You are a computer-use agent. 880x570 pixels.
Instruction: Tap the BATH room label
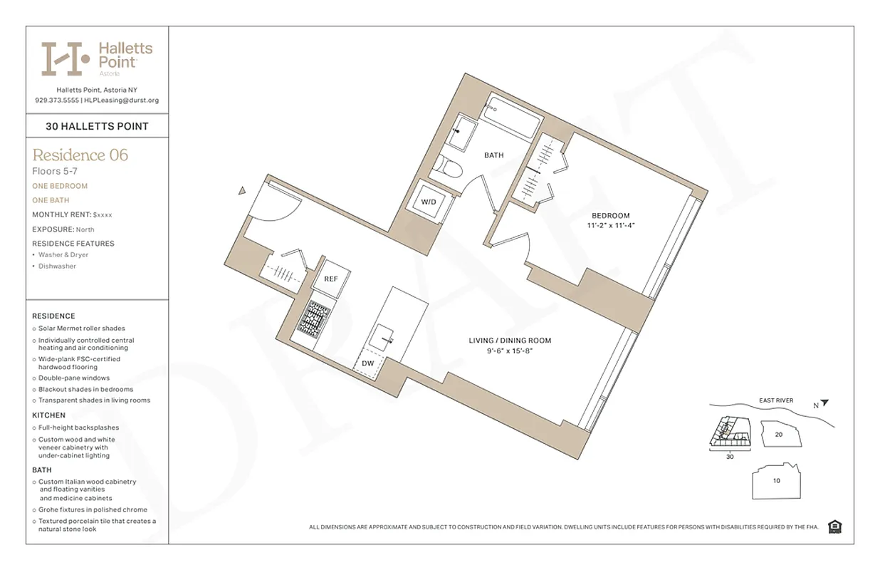(x=493, y=155)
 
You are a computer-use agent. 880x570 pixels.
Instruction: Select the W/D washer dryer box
(x=429, y=202)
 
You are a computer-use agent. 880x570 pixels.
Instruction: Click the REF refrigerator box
(x=331, y=279)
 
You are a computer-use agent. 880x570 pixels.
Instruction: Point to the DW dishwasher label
(x=367, y=363)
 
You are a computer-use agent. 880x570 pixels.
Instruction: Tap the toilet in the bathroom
(x=451, y=168)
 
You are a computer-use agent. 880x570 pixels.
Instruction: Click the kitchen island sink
(x=384, y=334)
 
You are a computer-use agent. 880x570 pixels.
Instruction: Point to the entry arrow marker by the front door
(x=242, y=190)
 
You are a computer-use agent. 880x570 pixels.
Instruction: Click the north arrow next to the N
(x=824, y=403)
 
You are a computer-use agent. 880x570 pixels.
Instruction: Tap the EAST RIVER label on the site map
(x=775, y=400)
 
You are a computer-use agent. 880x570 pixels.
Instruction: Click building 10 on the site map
(x=776, y=481)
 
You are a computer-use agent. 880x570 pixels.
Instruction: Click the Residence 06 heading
(x=80, y=155)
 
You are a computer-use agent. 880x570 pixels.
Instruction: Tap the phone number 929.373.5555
(x=56, y=100)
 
